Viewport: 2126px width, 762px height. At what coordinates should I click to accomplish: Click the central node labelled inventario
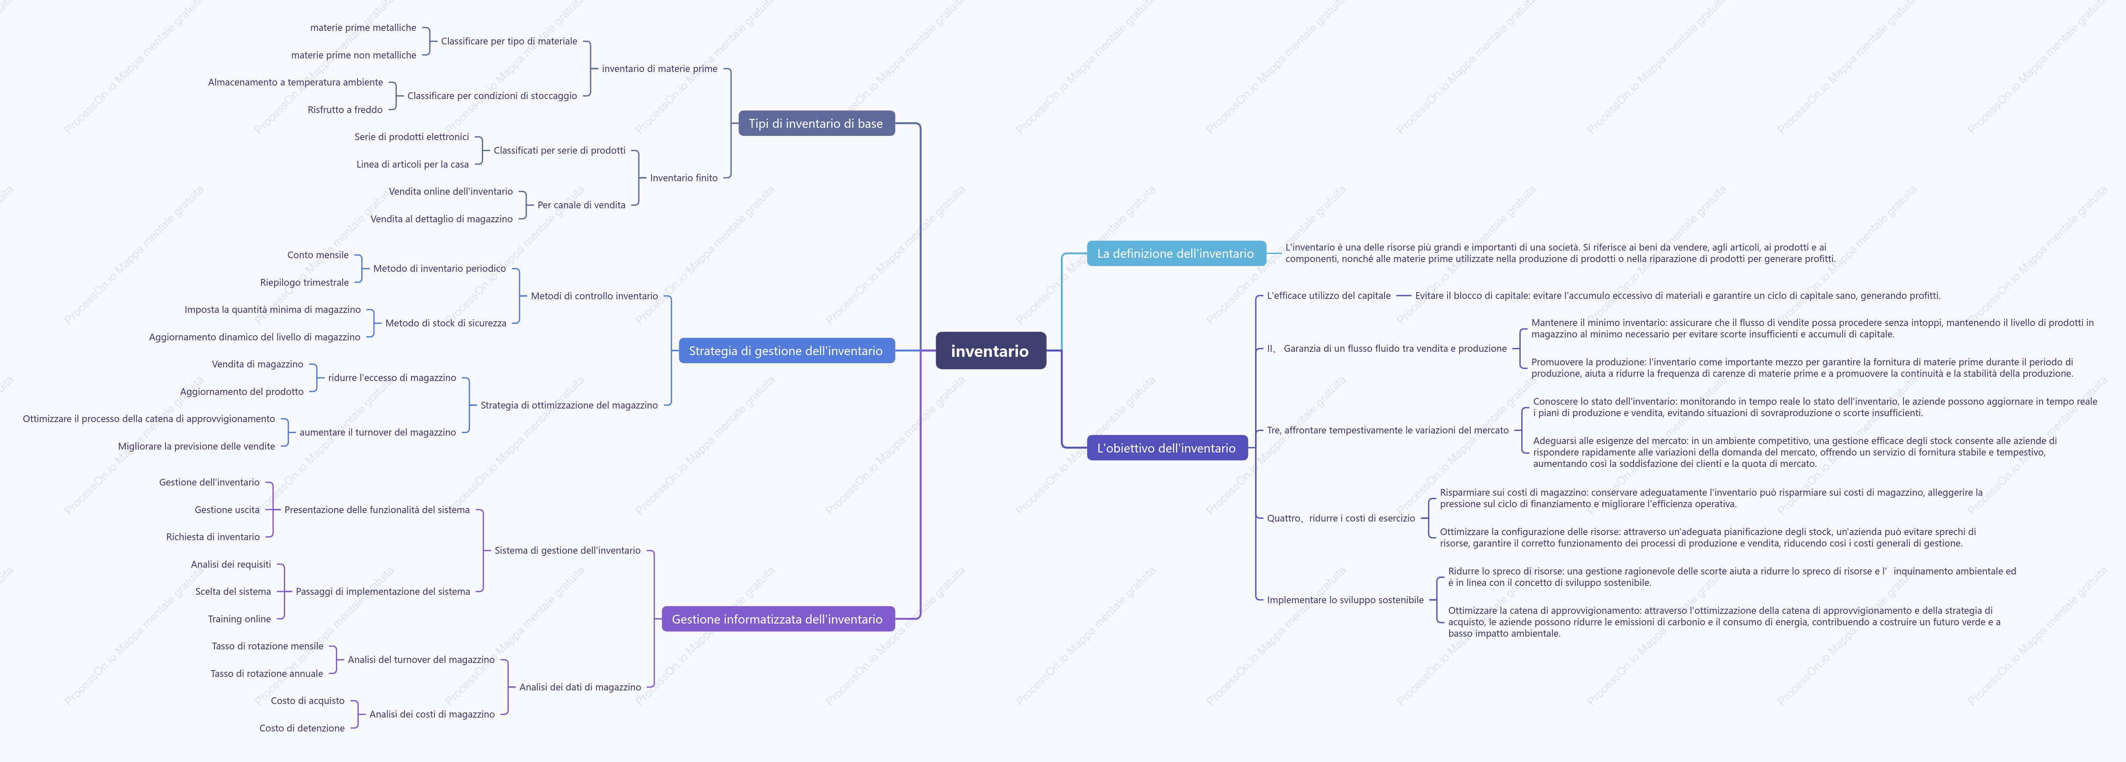[x=990, y=351]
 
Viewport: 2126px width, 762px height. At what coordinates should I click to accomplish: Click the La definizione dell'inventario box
[x=1175, y=254]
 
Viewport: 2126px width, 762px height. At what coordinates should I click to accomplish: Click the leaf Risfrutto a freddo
[x=345, y=110]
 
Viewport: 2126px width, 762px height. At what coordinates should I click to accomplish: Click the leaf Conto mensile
[x=318, y=255]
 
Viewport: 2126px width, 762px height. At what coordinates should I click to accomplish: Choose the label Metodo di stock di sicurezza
[x=446, y=323]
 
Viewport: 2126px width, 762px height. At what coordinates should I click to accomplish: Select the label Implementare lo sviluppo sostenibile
[x=1345, y=600]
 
